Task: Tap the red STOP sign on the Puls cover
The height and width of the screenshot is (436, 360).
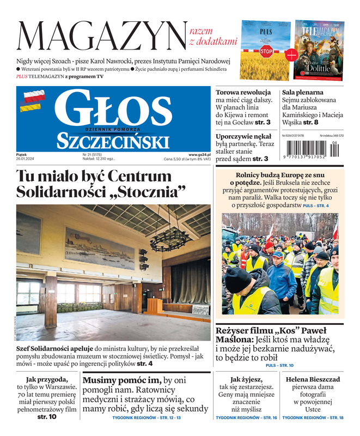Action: (x=266, y=52)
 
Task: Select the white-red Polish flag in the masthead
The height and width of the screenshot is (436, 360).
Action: (x=33, y=96)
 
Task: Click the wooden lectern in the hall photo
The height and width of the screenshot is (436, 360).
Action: (x=154, y=305)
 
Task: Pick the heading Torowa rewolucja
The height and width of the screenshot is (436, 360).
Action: (x=243, y=93)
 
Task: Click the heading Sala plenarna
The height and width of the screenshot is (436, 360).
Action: (x=303, y=93)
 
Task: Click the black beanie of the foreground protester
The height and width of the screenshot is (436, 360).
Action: (x=239, y=280)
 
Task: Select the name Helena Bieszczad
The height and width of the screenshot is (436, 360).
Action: (x=313, y=379)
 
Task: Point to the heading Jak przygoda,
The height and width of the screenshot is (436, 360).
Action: (x=47, y=379)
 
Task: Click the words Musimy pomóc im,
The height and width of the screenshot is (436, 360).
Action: (x=122, y=380)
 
